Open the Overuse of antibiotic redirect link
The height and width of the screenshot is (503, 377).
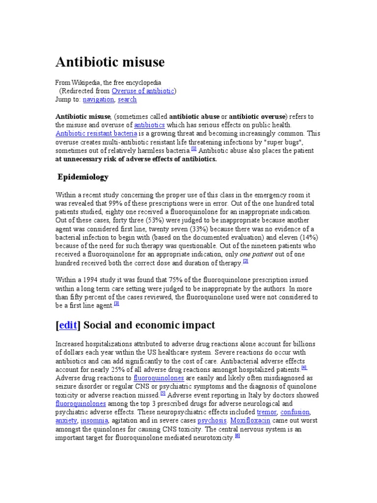pyautogui.click(x=142, y=91)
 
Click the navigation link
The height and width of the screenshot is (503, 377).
pyautogui.click(x=98, y=99)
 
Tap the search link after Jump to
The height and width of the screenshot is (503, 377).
pyautogui.click(x=127, y=99)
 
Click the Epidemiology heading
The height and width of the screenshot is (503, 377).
pyautogui.click(x=83, y=177)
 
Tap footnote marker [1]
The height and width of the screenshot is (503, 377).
pyautogui.click(x=194, y=149)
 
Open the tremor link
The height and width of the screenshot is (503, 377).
pyautogui.click(x=267, y=412)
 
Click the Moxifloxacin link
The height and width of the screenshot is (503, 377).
pyautogui.click(x=250, y=421)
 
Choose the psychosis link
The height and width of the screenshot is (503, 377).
pyautogui.click(x=212, y=421)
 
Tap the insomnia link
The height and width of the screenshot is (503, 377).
pyautogui.click(x=94, y=421)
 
